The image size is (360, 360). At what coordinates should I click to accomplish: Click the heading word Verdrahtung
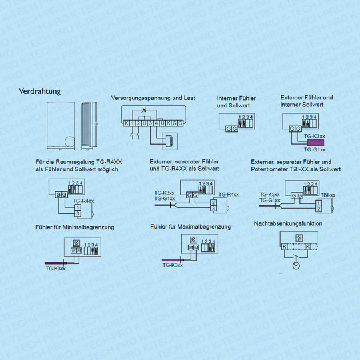(39, 91)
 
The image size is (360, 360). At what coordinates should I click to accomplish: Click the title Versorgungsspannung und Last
(153, 98)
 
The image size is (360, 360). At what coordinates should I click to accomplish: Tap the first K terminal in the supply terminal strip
(126, 123)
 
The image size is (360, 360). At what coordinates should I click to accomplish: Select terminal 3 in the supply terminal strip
(150, 123)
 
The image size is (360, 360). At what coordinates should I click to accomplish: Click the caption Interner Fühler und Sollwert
(237, 102)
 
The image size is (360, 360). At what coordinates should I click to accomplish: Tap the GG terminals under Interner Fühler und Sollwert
(232, 129)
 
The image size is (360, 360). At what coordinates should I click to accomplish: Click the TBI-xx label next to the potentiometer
(328, 195)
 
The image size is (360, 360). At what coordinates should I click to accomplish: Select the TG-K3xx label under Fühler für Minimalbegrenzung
(56, 268)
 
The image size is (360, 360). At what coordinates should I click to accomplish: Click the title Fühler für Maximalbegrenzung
(191, 227)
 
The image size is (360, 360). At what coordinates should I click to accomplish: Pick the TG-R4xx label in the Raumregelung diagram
(84, 201)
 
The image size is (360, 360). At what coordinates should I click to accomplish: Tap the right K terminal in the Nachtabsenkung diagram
(308, 246)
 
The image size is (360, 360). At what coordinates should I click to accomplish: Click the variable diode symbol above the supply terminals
(143, 110)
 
